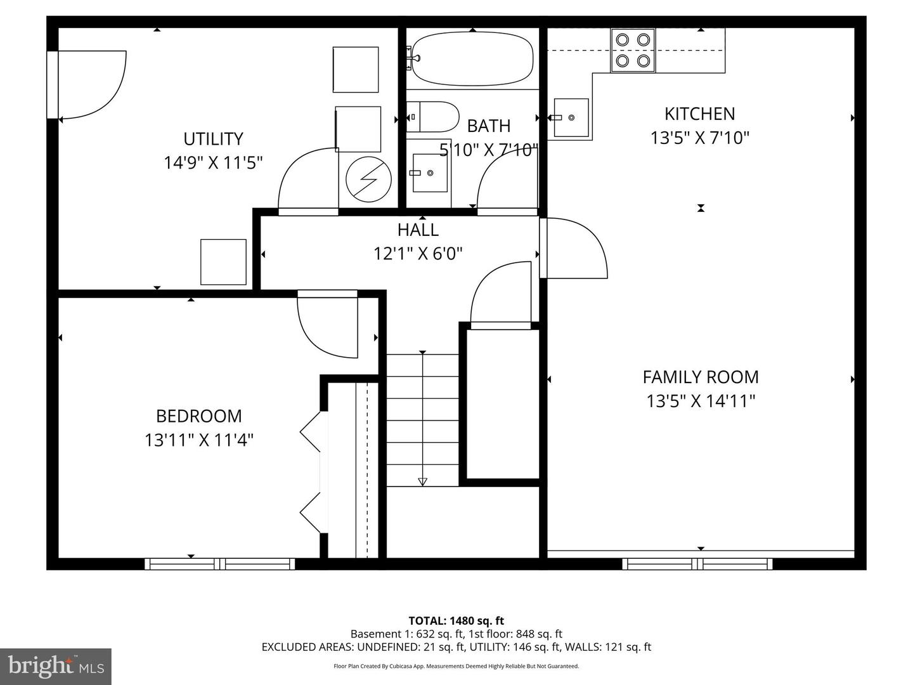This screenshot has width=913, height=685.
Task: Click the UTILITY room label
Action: coord(213,139)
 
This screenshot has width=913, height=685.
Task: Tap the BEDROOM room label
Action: coord(198,416)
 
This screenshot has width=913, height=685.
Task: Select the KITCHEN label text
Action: coord(699,114)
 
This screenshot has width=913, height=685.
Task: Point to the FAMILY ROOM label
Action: coord(700,377)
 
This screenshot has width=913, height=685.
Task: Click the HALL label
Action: coord(418,230)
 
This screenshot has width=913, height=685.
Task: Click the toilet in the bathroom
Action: coord(432,117)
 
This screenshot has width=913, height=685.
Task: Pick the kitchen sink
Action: coord(571,117)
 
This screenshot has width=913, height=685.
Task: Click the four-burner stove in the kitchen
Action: coord(633,50)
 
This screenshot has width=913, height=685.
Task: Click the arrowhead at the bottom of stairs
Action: coord(423,481)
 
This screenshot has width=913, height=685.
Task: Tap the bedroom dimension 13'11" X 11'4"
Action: coord(198,440)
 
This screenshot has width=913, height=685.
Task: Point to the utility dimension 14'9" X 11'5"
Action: coord(213,163)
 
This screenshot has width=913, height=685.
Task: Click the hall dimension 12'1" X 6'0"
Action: coord(418,254)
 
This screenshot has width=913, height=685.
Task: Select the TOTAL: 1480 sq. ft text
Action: coord(456,621)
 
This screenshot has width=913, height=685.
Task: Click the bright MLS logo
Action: coord(56,666)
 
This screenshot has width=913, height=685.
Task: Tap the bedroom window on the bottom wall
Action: coord(219,564)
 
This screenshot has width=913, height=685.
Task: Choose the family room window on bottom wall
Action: coord(697,564)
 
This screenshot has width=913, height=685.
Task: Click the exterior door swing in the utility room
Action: coord(92,85)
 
